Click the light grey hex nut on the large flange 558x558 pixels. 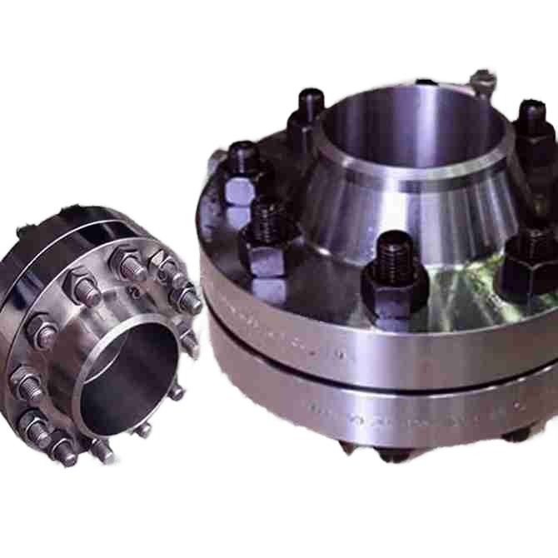[x=239, y=191]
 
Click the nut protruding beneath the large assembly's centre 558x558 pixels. [x=391, y=454]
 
